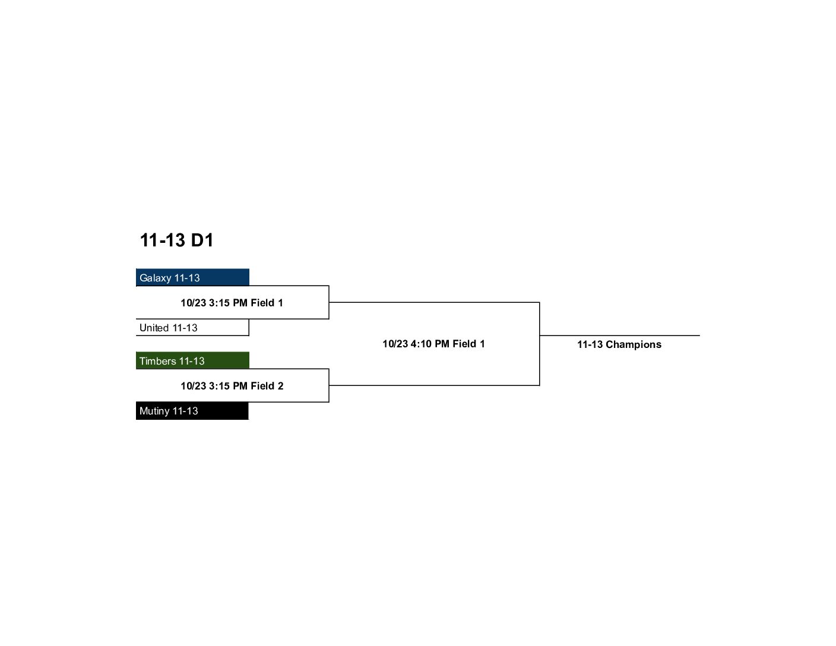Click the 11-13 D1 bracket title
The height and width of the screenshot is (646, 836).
[176, 240]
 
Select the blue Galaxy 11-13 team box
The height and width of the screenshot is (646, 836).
[192, 277]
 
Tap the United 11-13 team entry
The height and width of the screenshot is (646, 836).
[192, 327]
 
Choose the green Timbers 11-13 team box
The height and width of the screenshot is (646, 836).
[192, 360]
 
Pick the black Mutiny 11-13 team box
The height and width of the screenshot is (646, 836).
[192, 410]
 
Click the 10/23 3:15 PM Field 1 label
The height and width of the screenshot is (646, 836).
[232, 303]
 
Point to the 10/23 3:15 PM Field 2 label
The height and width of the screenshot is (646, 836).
[232, 386]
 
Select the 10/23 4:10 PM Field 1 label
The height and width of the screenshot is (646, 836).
[433, 344]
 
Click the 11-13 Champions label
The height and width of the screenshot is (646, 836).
[619, 344]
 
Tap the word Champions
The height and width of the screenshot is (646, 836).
[634, 345]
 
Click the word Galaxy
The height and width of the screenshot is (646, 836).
[155, 278]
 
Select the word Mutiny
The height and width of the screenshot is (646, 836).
[154, 411]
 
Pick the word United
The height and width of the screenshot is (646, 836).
[154, 328]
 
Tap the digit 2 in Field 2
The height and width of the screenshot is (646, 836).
[280, 386]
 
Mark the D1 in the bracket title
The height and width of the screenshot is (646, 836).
[202, 240]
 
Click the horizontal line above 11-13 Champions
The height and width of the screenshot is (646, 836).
[619, 335]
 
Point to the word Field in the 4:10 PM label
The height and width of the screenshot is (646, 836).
[464, 344]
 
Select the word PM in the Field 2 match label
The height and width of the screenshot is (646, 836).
[240, 386]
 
